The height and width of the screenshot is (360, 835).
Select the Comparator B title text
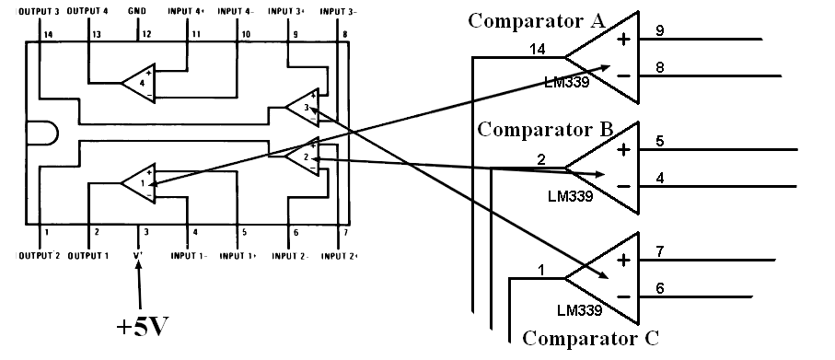point(546,128)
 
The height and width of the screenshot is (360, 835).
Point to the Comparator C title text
point(590,338)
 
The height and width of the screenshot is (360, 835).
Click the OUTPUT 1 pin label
point(87,255)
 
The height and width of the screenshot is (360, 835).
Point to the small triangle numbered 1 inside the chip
point(139,181)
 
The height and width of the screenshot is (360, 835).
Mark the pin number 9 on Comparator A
point(660,30)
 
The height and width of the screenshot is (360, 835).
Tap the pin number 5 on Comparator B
point(660,141)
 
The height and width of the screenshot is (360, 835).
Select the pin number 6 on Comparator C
point(660,288)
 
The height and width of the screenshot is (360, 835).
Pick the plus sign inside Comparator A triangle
point(623,40)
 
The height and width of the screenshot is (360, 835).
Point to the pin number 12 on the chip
point(145,34)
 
